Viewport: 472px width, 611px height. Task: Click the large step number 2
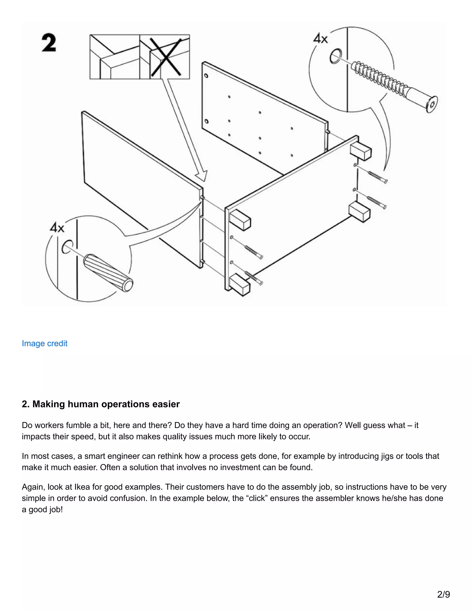(x=49, y=43)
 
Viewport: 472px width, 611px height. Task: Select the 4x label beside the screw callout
(x=320, y=38)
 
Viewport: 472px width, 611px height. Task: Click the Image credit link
(x=44, y=343)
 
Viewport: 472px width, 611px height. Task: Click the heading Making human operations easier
(x=101, y=404)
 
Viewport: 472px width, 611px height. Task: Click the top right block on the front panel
(x=360, y=152)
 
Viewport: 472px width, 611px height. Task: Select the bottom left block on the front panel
(x=240, y=284)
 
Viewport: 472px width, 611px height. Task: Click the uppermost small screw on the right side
(x=377, y=177)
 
